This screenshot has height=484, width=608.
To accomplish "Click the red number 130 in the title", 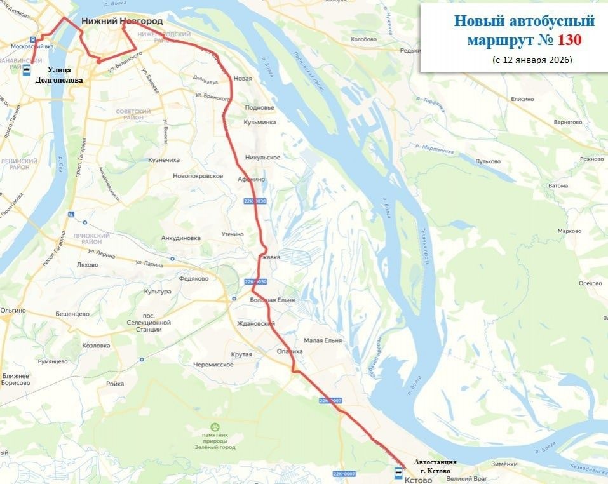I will click(x=569, y=40).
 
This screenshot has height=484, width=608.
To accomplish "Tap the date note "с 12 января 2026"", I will click(x=532, y=60).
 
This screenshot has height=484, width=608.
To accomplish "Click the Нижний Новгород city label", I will click(x=122, y=21).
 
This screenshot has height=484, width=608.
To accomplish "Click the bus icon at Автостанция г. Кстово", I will click(x=398, y=472).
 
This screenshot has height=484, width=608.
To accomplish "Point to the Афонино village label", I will click(x=251, y=180).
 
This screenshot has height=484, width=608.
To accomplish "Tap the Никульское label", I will click(x=262, y=157).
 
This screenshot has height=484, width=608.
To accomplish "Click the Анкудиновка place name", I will click(x=181, y=238).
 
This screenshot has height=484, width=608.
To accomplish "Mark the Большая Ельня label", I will click(x=271, y=299).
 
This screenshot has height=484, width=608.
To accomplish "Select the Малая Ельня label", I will click(x=322, y=340).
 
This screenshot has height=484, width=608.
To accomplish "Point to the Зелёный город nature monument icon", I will click(x=215, y=428).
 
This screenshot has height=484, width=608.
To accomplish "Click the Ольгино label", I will click(x=13, y=310).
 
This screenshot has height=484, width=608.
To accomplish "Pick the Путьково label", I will click(x=488, y=161).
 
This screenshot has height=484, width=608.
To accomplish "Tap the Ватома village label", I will click(x=558, y=185).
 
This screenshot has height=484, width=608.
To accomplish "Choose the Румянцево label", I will click(x=52, y=361).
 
